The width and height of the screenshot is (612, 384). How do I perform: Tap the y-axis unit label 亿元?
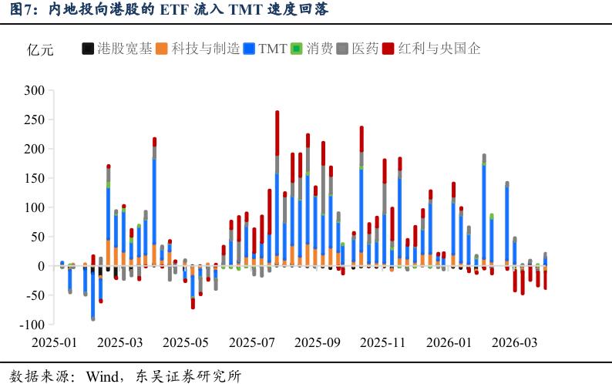coord(40,50)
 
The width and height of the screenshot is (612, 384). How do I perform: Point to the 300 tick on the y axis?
coord(35,90)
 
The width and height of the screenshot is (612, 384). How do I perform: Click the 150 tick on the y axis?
coord(35,178)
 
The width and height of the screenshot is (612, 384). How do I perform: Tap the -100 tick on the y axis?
coord(32,325)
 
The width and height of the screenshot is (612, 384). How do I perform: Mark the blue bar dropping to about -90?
coord(93,293)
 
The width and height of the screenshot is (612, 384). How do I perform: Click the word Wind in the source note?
coord(106,376)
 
